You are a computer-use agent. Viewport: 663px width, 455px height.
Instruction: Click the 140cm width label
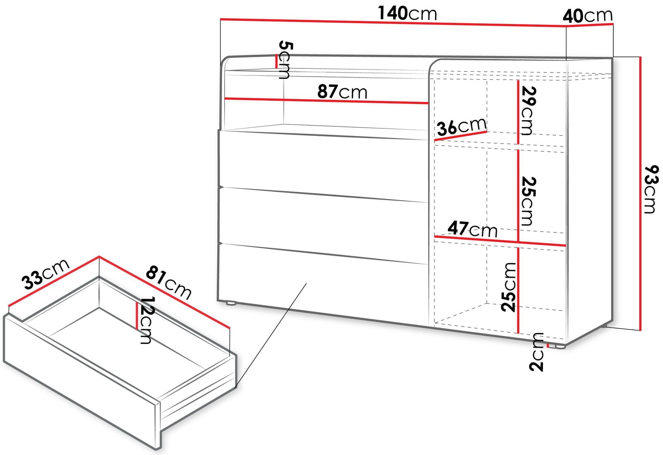tap(407, 13)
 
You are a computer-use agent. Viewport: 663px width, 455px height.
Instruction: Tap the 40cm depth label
tap(588, 16)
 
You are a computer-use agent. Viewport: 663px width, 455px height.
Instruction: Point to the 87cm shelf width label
tap(342, 92)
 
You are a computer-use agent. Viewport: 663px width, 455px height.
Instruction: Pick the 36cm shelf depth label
tap(462, 127)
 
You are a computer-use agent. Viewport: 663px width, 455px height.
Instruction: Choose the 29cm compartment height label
tap(529, 110)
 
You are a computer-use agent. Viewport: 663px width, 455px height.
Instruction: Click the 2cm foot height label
tap(536, 352)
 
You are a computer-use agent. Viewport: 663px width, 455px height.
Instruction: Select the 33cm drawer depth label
tap(45, 274)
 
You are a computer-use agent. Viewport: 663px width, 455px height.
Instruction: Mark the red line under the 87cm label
tap(326, 101)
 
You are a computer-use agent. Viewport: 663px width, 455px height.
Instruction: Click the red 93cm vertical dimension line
tap(640, 194)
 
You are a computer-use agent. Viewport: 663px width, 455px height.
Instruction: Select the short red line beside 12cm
tap(137, 316)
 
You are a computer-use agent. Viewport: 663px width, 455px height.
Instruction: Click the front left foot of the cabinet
tap(231, 303)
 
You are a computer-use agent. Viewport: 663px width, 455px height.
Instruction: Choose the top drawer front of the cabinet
tap(323, 166)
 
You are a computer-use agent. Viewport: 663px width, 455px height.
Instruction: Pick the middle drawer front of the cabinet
tap(323, 225)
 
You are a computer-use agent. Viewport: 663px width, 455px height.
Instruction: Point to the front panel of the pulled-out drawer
tap(81, 382)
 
